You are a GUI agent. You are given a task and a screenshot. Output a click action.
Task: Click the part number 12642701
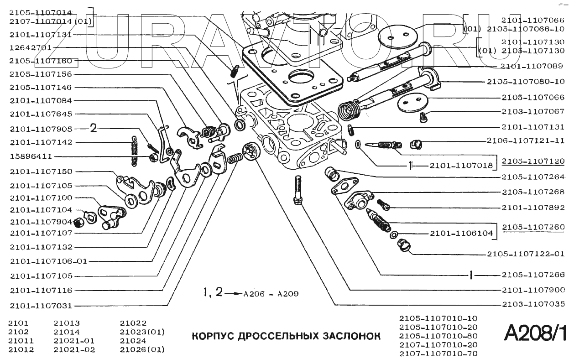tap(31, 48)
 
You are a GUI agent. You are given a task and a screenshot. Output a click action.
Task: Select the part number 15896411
tap(31, 156)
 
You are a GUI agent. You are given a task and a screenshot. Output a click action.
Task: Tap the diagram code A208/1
tap(536, 333)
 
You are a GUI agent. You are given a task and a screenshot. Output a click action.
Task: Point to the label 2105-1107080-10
tap(525, 82)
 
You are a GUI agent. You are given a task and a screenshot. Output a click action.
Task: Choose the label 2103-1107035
tap(533, 304)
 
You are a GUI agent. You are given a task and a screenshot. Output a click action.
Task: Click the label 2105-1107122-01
tap(525, 254)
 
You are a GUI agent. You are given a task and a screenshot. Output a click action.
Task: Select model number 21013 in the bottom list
tap(67, 323)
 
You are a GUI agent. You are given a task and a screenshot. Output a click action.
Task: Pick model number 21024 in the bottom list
tap(133, 341)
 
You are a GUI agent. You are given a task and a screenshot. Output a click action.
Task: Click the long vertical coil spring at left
tap(134, 151)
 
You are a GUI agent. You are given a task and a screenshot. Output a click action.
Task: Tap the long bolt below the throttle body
tap(298, 190)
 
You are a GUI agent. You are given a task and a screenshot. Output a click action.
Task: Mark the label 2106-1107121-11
tap(525, 140)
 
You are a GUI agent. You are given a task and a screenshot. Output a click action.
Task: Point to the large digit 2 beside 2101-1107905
tap(94, 128)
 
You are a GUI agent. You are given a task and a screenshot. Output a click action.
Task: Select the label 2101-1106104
tap(461, 233)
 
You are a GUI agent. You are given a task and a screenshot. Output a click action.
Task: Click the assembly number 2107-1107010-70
tap(438, 354)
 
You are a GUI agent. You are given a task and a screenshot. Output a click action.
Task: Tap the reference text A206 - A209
tap(271, 294)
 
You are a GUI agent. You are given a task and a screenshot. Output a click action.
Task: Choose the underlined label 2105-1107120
tap(533, 161)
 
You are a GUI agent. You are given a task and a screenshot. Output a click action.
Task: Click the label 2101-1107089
tap(532, 66)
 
